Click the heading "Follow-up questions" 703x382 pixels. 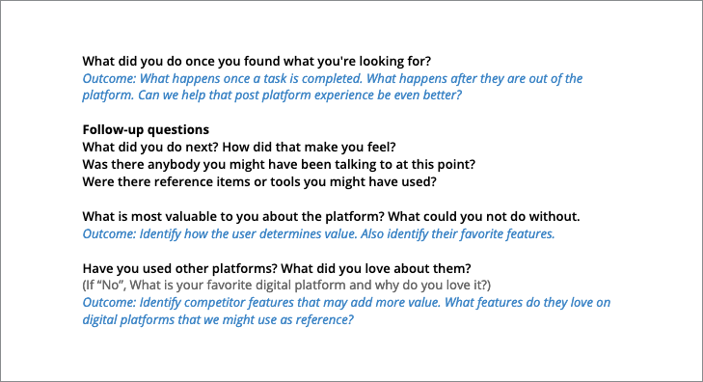point(146,129)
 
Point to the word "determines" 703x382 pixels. point(300,232)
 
